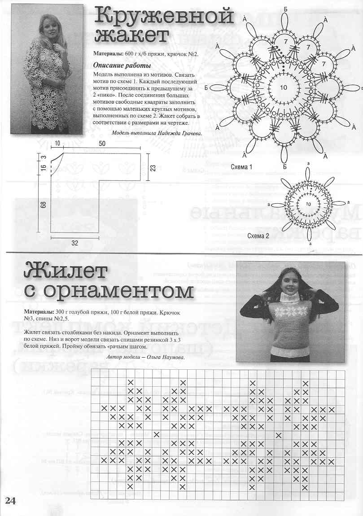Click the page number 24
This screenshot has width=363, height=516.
[11, 501]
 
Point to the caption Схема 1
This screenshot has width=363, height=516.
[241, 167]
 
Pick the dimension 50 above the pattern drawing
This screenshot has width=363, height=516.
[102, 143]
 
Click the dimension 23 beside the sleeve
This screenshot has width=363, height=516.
[153, 168]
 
